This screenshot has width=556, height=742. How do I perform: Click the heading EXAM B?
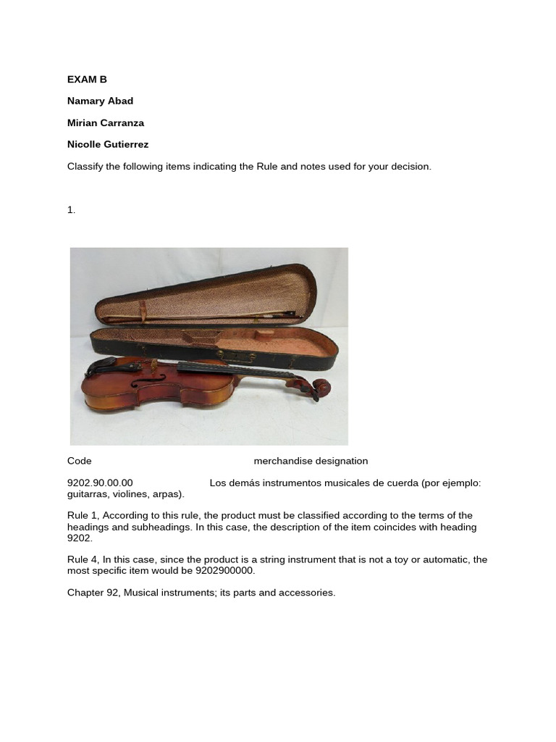(x=87, y=79)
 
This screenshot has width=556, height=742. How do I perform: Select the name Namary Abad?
(x=100, y=101)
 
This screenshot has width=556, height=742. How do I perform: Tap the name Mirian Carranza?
(x=106, y=122)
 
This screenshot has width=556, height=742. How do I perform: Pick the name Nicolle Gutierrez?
(x=108, y=144)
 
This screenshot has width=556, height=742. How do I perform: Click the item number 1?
(x=71, y=209)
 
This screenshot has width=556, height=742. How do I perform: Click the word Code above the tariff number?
(x=80, y=461)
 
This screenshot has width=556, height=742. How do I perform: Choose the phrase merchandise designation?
(x=311, y=461)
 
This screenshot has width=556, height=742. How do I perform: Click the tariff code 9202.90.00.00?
(x=100, y=483)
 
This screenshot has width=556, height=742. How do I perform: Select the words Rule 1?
(x=83, y=516)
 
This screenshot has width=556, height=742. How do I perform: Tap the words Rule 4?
(x=83, y=559)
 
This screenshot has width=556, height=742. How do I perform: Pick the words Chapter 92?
(x=93, y=593)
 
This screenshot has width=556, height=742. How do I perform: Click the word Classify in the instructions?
(x=86, y=166)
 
